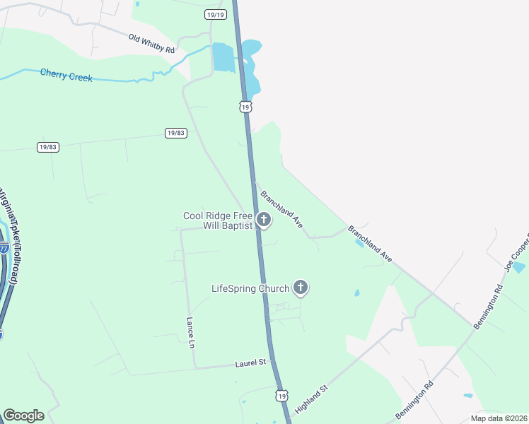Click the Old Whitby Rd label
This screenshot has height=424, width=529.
(x=151, y=43)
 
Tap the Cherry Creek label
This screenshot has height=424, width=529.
(x=66, y=74)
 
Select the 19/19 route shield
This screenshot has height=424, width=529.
(x=215, y=14)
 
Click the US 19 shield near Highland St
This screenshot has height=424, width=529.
(x=282, y=397)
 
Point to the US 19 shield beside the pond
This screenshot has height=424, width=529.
(x=245, y=107)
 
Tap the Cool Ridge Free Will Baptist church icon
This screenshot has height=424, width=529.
(x=264, y=220)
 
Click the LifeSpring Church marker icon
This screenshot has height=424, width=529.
(x=301, y=288)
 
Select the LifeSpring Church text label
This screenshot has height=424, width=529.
(x=250, y=288)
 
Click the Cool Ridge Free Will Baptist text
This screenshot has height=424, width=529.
(x=217, y=221)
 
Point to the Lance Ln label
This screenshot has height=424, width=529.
(x=190, y=332)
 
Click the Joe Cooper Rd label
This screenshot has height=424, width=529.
(x=515, y=257)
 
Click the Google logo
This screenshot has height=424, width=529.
(x=23, y=416)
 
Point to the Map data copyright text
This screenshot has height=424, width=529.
(x=499, y=418)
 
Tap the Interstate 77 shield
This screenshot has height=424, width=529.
(x=4, y=249)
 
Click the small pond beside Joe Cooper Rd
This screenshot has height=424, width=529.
(x=520, y=267)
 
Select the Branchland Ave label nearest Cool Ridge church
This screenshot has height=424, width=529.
(x=281, y=208)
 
